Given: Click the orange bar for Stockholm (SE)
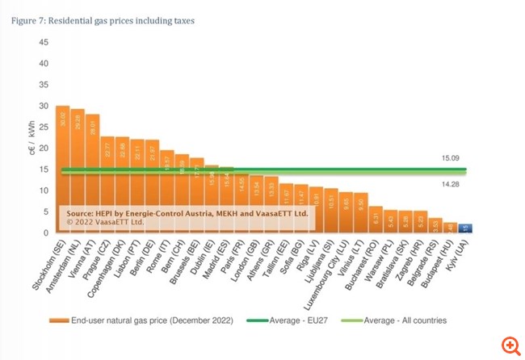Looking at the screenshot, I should click(x=62, y=170).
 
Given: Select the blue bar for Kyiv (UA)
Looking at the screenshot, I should click(x=465, y=228).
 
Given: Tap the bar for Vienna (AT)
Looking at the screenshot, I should click(x=93, y=174).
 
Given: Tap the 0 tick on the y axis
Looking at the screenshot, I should click(x=46, y=233).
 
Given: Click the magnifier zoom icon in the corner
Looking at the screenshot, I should click(x=510, y=345).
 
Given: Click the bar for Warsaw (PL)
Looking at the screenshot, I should click(x=391, y=221).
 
